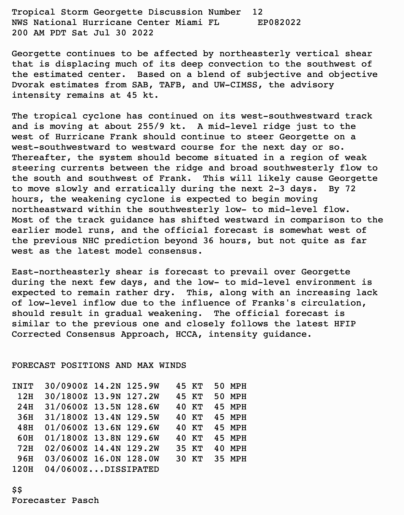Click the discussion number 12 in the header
(257, 12)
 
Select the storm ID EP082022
(279, 23)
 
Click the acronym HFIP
(345, 324)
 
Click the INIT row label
(22, 386)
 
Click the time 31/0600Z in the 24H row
(66, 407)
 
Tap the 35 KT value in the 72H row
(189, 449)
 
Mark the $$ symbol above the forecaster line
(17, 490)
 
